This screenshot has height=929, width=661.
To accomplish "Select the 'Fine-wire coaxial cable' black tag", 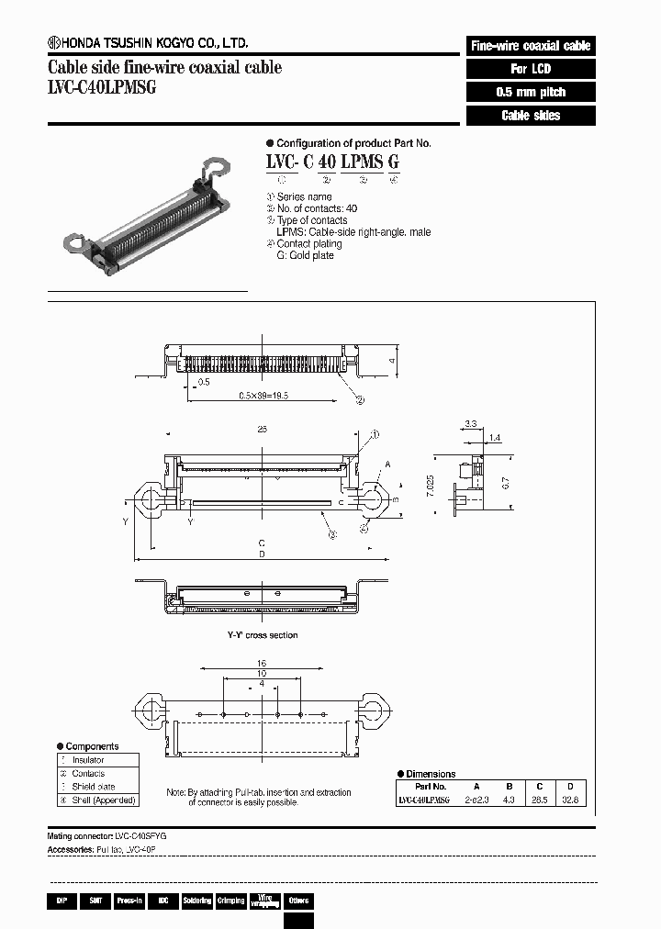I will (531, 45).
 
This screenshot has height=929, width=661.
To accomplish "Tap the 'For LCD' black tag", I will (531, 69).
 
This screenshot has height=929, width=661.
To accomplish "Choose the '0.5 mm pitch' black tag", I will (531, 92).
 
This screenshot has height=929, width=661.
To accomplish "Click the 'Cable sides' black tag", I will (531, 116).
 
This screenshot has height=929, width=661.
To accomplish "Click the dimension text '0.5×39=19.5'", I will (264, 396).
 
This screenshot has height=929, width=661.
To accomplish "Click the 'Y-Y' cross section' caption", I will (263, 635).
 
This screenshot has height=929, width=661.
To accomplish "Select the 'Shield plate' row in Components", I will (94, 787).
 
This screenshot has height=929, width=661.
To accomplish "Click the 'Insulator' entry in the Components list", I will (88, 760).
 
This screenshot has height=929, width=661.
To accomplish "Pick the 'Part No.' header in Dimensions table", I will (430, 787).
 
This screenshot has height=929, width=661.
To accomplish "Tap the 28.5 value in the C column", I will (541, 800).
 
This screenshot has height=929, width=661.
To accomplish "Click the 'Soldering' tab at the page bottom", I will (197, 901).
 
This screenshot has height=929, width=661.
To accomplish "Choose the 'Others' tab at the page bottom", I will (298, 901).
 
